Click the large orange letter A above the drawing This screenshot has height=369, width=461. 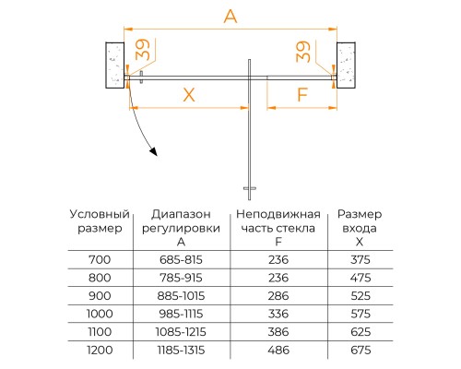tap(230, 16)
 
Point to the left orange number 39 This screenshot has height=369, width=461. tap(141, 52)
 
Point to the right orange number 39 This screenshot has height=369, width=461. tap(301, 52)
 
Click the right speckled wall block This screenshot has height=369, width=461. tap(349, 64)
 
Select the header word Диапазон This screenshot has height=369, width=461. tap(181, 214)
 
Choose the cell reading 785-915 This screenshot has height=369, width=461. tap(181, 277)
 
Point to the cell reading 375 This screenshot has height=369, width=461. tap(361, 260)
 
